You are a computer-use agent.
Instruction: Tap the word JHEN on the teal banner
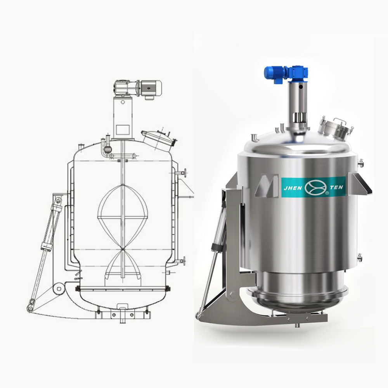coord(293,188)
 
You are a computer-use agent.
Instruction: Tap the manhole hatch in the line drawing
coord(159,139)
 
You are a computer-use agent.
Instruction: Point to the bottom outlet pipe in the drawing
coord(122,315)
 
